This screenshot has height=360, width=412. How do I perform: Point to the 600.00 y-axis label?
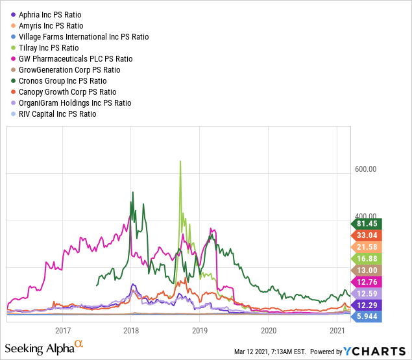[x=366, y=170]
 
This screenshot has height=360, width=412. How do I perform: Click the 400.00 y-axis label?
[x=366, y=217]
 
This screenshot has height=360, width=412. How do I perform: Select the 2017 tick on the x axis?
[x=63, y=330]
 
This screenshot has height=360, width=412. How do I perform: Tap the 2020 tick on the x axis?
[x=268, y=330]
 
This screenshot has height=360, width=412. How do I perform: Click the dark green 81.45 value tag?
[x=367, y=224]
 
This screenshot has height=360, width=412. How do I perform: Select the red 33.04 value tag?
[x=367, y=235]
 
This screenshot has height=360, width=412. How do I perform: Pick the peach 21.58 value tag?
[x=367, y=247]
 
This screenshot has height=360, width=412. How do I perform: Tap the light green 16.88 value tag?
[x=367, y=259]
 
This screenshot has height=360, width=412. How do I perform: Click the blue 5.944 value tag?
[x=367, y=317]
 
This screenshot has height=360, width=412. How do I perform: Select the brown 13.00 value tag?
[x=367, y=270]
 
